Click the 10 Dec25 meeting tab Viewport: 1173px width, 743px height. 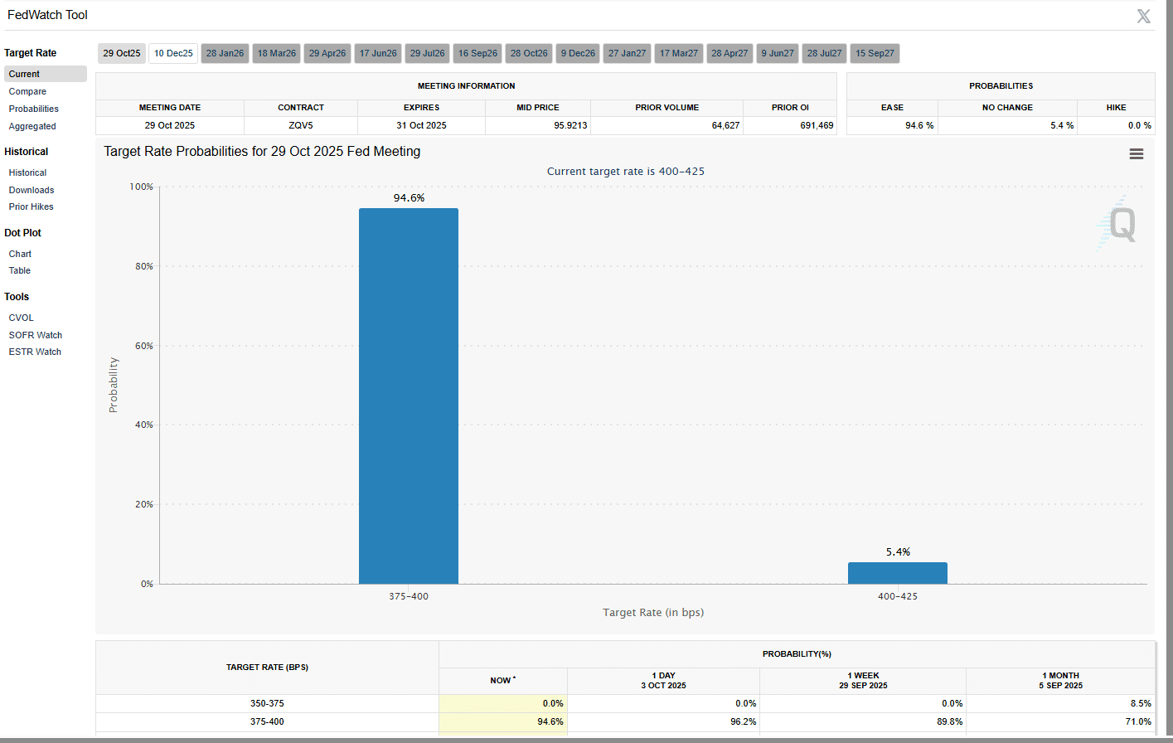click(x=173, y=53)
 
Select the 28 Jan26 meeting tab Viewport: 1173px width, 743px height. click(x=225, y=53)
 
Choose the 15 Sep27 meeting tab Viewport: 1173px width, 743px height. click(x=875, y=53)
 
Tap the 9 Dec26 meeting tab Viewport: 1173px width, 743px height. click(x=578, y=53)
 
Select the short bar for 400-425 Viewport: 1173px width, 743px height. click(x=897, y=573)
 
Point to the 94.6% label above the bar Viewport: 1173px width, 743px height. click(x=409, y=198)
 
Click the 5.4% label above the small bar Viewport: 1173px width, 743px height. click(x=898, y=551)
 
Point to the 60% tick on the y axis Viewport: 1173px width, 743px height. click(x=143, y=346)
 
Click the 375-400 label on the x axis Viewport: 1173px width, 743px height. click(x=409, y=596)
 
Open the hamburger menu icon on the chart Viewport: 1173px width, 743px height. click(x=1137, y=154)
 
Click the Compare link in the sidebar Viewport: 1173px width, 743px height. click(x=27, y=91)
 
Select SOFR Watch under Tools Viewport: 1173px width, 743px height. click(x=36, y=335)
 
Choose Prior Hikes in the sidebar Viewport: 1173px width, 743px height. click(x=32, y=206)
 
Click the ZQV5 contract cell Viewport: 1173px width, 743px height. click(x=301, y=125)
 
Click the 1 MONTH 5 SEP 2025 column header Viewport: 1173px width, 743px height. click(x=1060, y=681)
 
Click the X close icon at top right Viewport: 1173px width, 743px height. click(x=1143, y=16)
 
